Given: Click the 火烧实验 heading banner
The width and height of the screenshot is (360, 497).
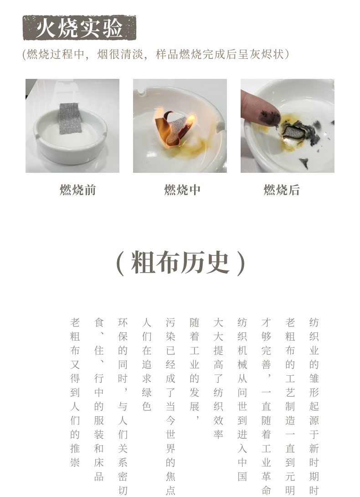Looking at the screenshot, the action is click(80, 27).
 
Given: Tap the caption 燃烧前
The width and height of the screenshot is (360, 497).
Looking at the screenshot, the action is click(77, 190).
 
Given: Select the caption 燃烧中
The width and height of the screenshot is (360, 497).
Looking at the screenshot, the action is click(182, 190).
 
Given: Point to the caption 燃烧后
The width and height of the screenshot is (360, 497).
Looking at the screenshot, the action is click(282, 190).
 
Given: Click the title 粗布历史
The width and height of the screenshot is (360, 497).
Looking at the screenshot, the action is click(180, 263).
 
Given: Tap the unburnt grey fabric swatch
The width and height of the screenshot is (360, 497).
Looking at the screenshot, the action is click(70, 118).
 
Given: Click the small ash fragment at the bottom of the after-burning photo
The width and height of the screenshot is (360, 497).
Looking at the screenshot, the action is click(304, 163).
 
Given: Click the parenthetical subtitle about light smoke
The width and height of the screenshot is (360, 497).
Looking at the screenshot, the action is click(156, 55).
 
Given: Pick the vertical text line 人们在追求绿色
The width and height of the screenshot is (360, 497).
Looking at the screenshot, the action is click(146, 364).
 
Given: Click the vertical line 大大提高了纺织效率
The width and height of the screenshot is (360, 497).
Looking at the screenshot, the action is click(218, 378).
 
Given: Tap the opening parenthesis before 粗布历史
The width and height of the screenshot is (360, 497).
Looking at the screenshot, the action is click(120, 264).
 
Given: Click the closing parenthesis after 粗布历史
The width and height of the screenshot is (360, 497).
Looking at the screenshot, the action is click(241, 264).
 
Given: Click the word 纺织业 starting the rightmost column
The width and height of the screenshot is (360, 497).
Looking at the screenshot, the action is click(314, 337).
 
